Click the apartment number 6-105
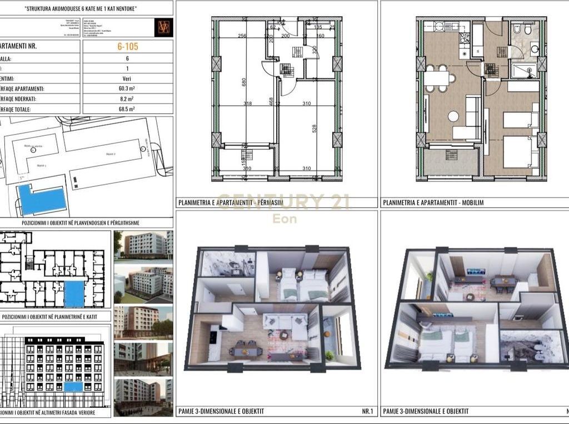[x=127, y=46]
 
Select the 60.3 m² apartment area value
[x=127, y=88]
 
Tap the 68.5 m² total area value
[x=127, y=110]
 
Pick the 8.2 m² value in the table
[x=127, y=99]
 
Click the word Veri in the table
[x=127, y=78]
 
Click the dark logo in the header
[x=163, y=27]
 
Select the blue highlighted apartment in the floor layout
[x=74, y=294]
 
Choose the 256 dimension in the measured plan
[x=242, y=36]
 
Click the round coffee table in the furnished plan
[x=453, y=116]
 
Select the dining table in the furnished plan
[x=437, y=78]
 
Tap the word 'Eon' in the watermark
[x=284, y=219]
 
